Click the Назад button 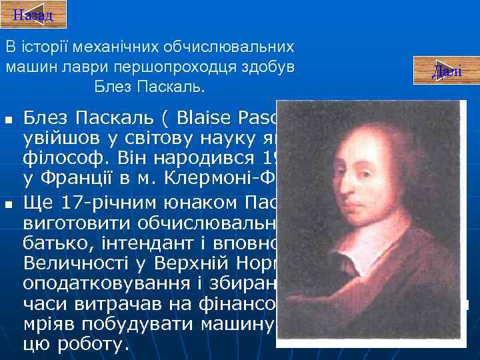point(33,15)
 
